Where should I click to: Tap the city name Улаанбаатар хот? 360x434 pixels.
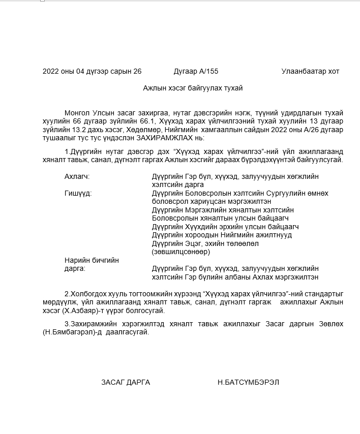pyautogui.click(x=310, y=72)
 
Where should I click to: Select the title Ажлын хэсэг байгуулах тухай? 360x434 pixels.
pyautogui.click(x=193, y=88)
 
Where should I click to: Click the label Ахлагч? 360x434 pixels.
pyautogui.click(x=77, y=176)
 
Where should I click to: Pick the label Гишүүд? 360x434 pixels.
pyautogui.click(x=78, y=193)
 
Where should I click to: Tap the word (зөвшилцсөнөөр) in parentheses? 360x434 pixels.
pyautogui.click(x=181, y=252)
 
